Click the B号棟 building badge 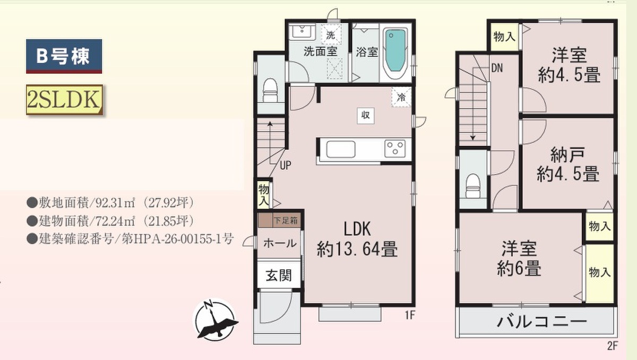click(64, 56)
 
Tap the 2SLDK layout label click(64, 99)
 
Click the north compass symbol click(216, 320)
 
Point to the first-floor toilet click(270, 90)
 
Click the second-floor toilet click(472, 186)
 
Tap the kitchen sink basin click(341, 149)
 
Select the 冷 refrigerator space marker click(401, 97)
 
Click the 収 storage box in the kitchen click(365, 115)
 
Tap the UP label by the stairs click(285, 165)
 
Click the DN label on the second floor click(497, 68)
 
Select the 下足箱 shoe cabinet click(280, 220)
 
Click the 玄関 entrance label click(279, 275)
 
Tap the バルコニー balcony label click(542, 322)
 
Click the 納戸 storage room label click(568, 155)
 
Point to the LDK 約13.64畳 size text click(357, 239)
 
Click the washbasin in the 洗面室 click(302, 31)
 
